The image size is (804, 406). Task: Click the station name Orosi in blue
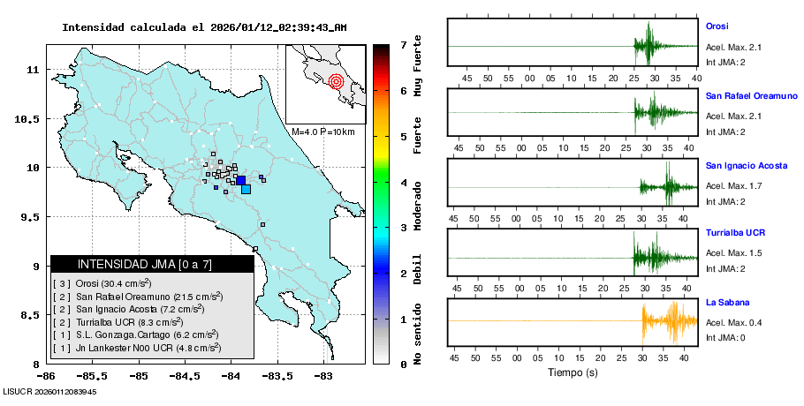[717, 26]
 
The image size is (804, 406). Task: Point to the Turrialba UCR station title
[735, 233]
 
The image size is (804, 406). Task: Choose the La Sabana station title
[724, 303]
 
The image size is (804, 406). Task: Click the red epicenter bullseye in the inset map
[335, 82]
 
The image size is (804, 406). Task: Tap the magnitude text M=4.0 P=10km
[322, 132]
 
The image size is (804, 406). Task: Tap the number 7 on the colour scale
[403, 43]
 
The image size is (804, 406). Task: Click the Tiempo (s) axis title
[573, 372]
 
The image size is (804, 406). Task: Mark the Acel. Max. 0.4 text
[734, 323]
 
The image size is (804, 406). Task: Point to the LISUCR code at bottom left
[49, 391]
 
